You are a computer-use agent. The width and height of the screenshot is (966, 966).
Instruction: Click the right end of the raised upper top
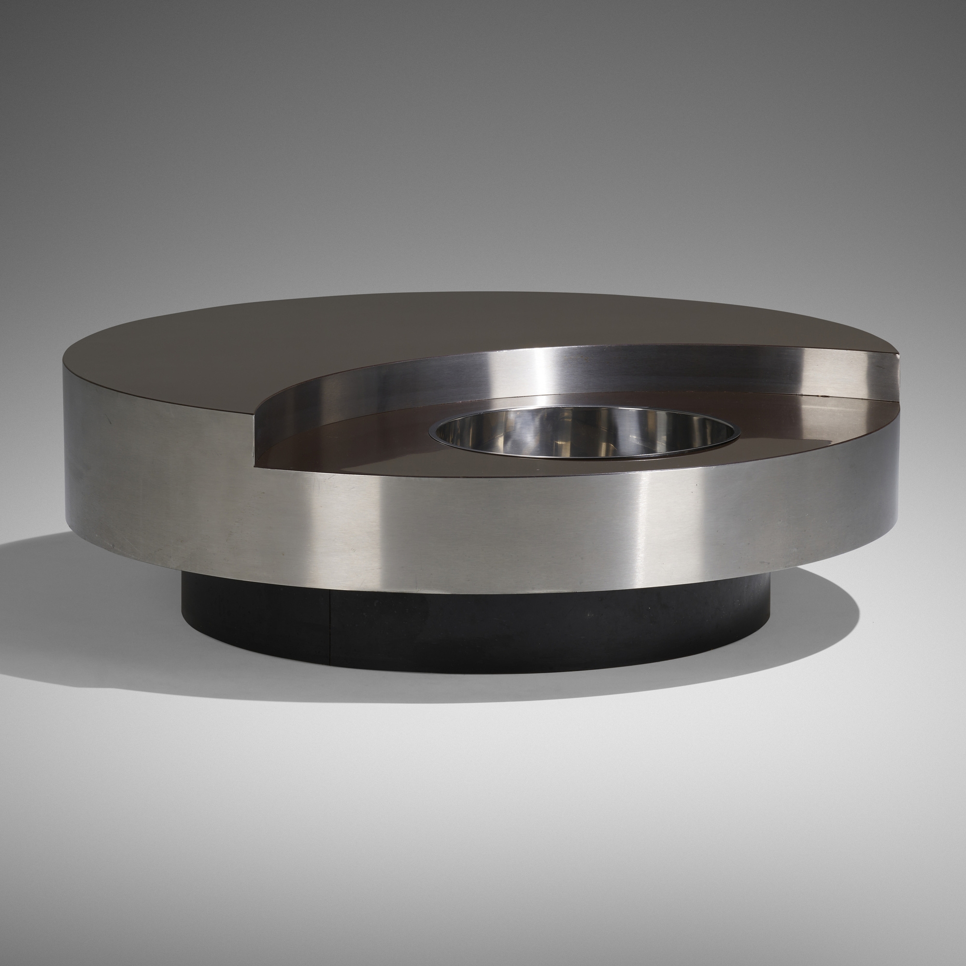coord(895,356)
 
